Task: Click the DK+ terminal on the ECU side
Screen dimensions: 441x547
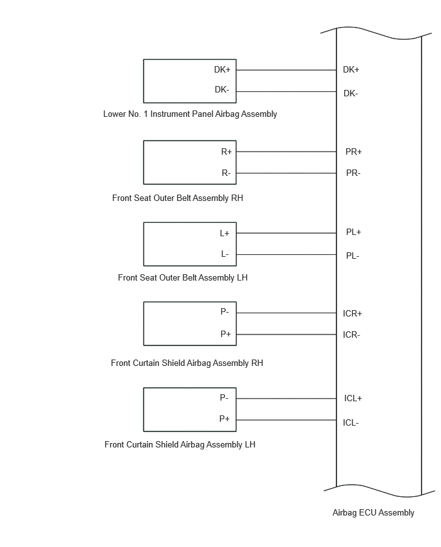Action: coord(351,70)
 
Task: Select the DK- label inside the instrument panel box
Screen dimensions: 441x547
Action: coord(222,90)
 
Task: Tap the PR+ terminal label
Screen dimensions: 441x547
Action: coord(354,152)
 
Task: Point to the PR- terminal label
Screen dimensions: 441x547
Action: coord(353,173)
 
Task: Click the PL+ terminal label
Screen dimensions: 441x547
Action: coord(354,232)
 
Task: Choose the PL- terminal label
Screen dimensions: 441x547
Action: coord(353,256)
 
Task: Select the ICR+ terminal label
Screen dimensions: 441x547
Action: coord(353,313)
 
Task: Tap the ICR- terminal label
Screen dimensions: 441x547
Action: coord(351,335)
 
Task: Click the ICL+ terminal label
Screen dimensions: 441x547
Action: coord(353,399)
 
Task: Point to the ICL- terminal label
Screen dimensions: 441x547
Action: coord(351,423)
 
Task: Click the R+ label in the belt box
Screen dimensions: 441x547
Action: coord(226,152)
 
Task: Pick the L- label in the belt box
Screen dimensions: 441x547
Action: coord(225,254)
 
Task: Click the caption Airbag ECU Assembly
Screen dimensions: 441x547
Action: coord(374,512)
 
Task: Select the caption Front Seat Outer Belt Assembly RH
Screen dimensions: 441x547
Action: coord(178,198)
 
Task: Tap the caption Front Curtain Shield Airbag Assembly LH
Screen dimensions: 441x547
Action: coord(179,444)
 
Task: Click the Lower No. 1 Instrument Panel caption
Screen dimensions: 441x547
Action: coord(190,114)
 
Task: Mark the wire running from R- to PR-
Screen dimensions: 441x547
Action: coord(287,173)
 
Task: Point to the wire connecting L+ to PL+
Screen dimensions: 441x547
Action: coord(287,233)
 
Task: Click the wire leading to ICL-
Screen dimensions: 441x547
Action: coord(287,420)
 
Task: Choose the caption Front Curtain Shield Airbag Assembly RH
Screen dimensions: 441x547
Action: coord(187,363)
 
